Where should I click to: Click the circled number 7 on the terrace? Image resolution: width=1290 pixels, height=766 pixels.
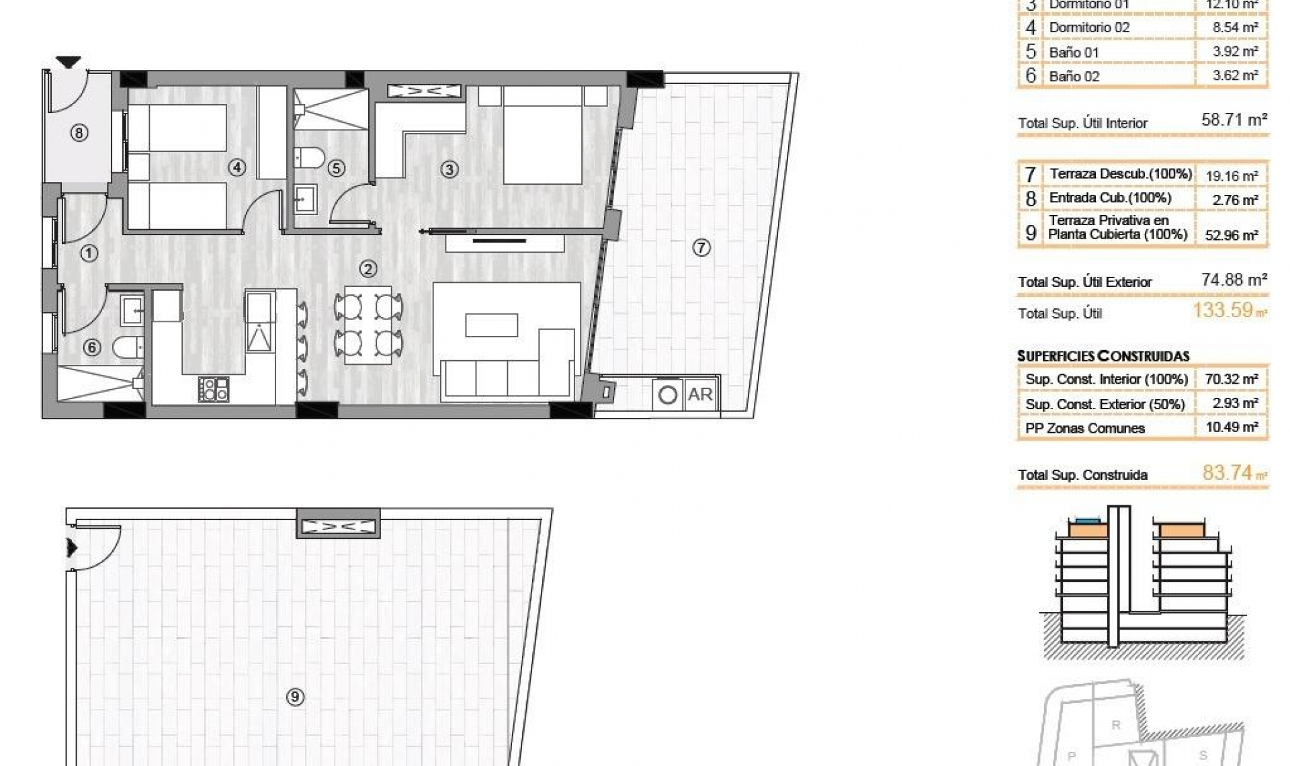pyautogui.click(x=701, y=248)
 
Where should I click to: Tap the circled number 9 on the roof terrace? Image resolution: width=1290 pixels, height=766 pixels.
pyautogui.click(x=294, y=697)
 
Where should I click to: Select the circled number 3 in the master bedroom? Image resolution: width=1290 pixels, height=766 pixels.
pyautogui.click(x=449, y=169)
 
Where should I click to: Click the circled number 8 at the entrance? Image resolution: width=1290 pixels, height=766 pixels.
pyautogui.click(x=79, y=133)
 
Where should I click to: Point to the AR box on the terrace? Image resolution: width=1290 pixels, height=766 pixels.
pyautogui.click(x=699, y=394)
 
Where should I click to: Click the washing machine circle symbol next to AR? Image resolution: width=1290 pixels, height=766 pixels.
pyautogui.click(x=668, y=394)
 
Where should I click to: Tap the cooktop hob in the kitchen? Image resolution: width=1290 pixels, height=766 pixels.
pyautogui.click(x=214, y=389)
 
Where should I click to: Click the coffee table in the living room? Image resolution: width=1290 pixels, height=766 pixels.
pyautogui.click(x=492, y=325)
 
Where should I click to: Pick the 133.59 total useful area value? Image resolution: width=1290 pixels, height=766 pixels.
pyautogui.click(x=1223, y=310)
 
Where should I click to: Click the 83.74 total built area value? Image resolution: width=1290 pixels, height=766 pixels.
pyautogui.click(x=1228, y=473)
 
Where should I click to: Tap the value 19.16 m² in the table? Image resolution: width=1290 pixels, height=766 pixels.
pyautogui.click(x=1232, y=176)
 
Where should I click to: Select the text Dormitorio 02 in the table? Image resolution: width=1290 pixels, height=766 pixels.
pyautogui.click(x=1089, y=28)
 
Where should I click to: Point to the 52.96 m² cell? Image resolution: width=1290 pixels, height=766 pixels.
pyautogui.click(x=1232, y=235)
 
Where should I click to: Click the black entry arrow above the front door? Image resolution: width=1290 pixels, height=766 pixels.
pyautogui.click(x=68, y=62)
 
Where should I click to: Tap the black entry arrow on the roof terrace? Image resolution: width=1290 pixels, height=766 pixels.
pyautogui.click(x=72, y=548)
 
